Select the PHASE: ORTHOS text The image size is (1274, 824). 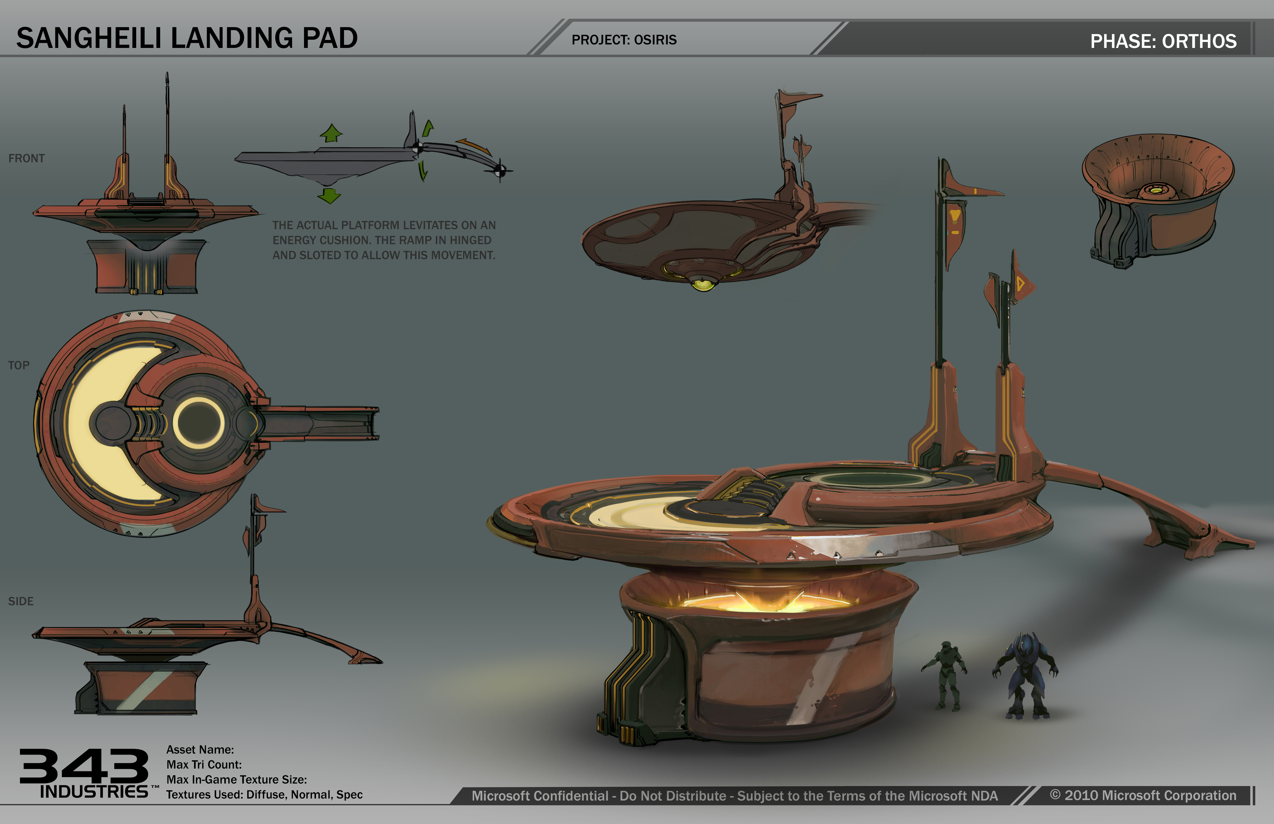pos(1163,41)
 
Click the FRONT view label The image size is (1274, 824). pos(26,158)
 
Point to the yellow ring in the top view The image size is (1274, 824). pos(199,423)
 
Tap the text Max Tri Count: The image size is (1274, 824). pos(204,765)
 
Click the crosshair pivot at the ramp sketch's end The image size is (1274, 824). pos(500,171)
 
